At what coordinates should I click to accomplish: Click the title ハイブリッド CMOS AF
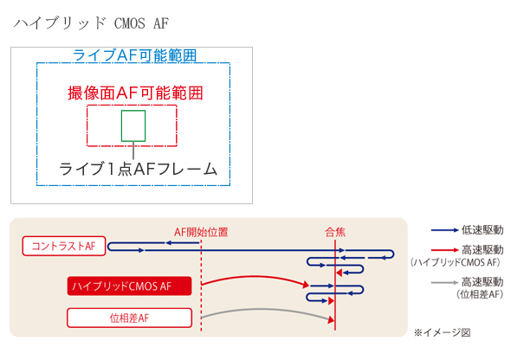(x=91, y=23)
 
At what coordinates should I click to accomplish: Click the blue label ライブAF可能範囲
(x=134, y=55)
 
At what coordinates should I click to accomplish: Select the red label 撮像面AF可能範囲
(x=135, y=93)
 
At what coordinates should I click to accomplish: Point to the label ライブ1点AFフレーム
(x=138, y=169)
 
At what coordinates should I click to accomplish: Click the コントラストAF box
(x=64, y=246)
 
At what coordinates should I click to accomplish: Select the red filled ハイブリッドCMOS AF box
(x=129, y=286)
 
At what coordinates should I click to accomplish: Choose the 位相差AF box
(x=129, y=318)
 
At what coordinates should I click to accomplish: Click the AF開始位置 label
(x=201, y=232)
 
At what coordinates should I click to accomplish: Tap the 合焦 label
(x=335, y=232)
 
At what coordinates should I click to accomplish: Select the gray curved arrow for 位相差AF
(x=261, y=309)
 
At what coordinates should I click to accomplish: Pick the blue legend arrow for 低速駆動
(x=444, y=230)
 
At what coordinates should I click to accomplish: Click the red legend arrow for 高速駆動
(x=444, y=250)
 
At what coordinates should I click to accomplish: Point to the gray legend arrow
(x=444, y=282)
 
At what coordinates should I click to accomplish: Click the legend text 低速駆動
(x=482, y=230)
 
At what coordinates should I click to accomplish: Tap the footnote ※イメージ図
(x=443, y=332)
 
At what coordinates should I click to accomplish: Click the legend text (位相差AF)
(x=480, y=294)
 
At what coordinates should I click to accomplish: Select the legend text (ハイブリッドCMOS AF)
(x=456, y=262)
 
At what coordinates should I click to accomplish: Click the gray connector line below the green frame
(x=133, y=151)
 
